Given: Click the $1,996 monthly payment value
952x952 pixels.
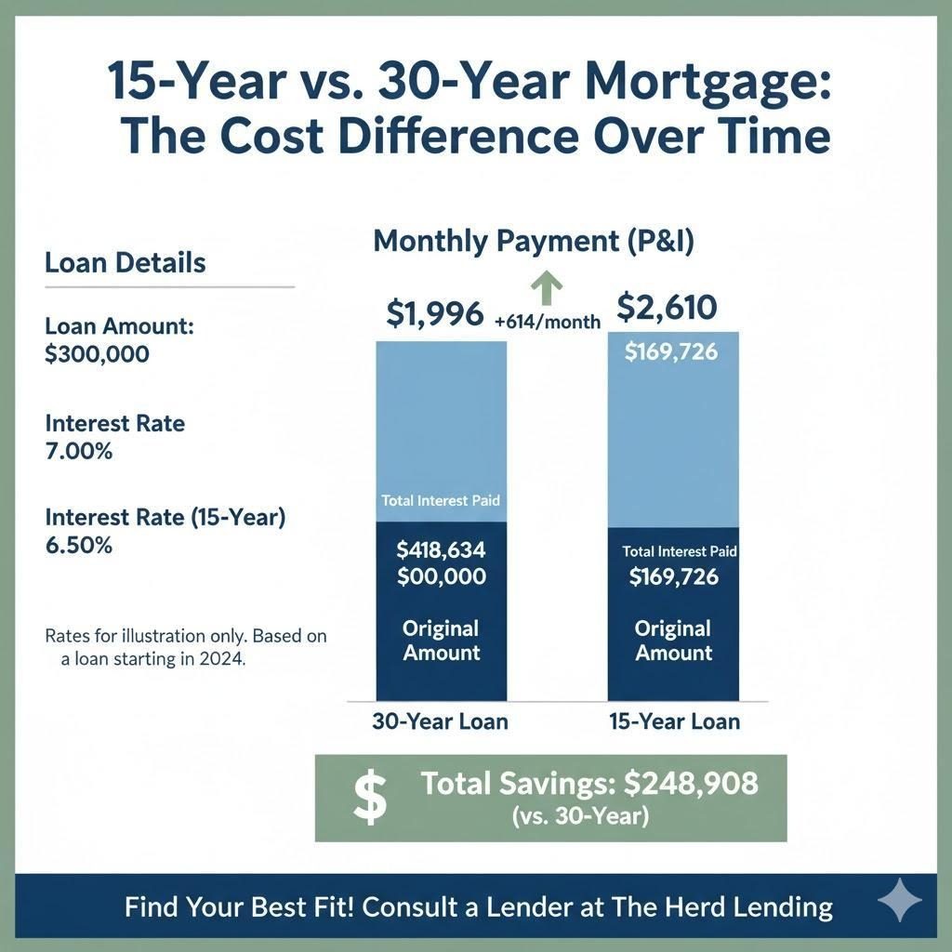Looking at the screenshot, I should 434,315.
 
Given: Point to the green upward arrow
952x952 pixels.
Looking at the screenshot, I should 546,288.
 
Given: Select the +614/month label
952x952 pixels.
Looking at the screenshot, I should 548,323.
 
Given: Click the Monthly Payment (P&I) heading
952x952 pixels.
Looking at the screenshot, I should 534,242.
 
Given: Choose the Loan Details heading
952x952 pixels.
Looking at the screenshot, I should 125,262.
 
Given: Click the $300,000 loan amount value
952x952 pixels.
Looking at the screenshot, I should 97,354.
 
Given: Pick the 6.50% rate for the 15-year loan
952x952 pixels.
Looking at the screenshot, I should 79,546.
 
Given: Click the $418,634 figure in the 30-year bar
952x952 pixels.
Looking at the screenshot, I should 441,550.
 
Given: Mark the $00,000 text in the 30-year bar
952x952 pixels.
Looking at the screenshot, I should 441,576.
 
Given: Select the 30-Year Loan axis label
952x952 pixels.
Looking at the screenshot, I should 440,721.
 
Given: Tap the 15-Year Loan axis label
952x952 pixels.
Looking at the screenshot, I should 674,721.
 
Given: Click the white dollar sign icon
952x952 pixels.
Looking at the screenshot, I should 371,799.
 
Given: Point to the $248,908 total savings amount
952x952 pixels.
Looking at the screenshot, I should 691,784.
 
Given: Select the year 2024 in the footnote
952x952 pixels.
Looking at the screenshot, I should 222,660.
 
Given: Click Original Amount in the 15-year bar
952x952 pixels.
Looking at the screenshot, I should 673,641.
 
